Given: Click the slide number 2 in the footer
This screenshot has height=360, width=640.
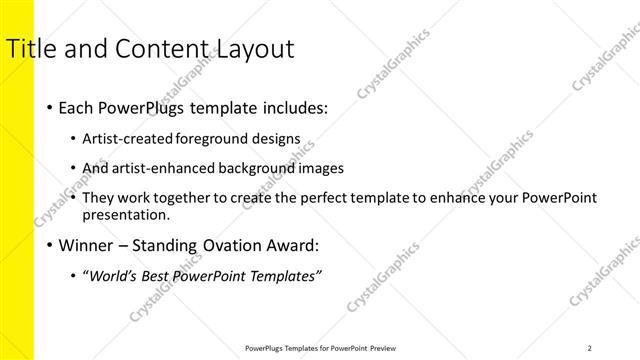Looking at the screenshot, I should (x=590, y=348).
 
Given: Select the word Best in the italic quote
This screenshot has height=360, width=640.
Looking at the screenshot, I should (x=161, y=275).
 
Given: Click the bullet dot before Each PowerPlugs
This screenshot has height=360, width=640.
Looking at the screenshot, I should (x=50, y=107).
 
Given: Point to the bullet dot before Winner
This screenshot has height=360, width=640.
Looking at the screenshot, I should (x=50, y=244).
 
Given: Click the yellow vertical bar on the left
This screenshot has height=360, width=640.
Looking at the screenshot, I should (x=17, y=200).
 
